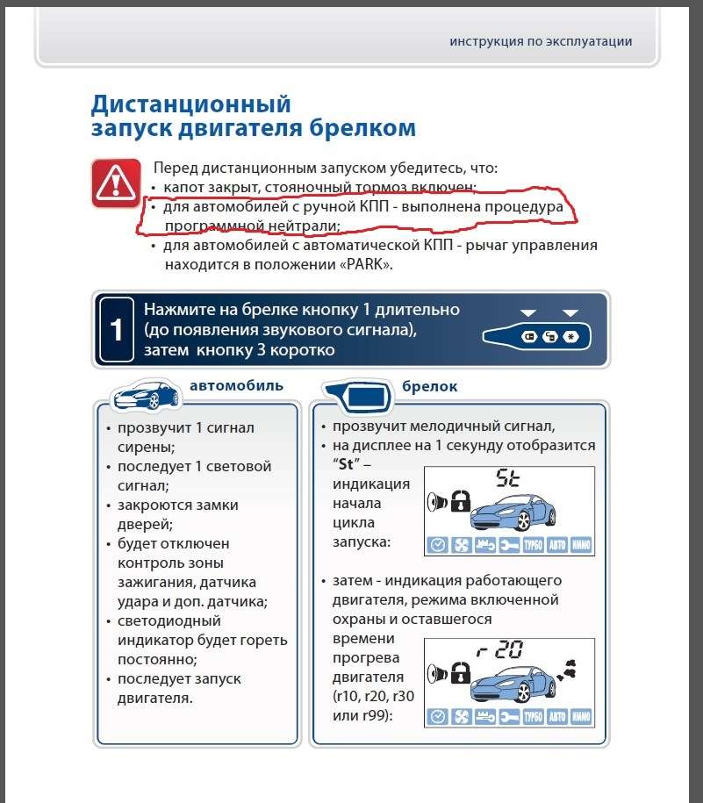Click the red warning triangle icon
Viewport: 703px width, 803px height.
(x=115, y=183)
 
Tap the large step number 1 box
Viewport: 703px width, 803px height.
(x=116, y=330)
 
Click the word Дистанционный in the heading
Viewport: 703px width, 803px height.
(x=190, y=104)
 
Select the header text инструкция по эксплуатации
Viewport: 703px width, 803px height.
(x=541, y=41)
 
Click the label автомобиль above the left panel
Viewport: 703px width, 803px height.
(x=236, y=385)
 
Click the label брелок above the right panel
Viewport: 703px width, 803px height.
(x=429, y=386)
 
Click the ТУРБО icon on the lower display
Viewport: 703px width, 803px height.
(x=533, y=716)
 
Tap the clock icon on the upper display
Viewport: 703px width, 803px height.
(x=436, y=545)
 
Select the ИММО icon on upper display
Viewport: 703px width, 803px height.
(x=580, y=545)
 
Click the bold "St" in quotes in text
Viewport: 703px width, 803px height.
(x=344, y=464)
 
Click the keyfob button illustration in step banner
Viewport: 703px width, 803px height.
(x=536, y=337)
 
